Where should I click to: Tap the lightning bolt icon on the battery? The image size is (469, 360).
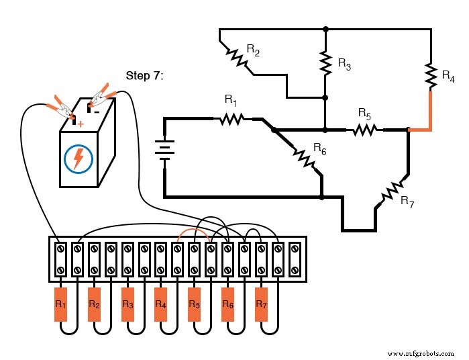pyautogui.click(x=79, y=159)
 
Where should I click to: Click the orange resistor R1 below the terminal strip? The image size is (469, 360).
pyautogui.click(x=60, y=304)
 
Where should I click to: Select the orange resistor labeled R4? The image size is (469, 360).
pyautogui.click(x=160, y=304)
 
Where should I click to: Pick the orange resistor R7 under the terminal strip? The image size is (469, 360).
pyautogui.click(x=261, y=304)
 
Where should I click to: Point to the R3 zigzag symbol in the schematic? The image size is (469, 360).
pyautogui.click(x=325, y=64)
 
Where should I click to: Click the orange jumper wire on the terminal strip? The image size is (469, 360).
pyautogui.click(x=194, y=235)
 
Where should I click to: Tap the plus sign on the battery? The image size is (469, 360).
pyautogui.click(x=81, y=124)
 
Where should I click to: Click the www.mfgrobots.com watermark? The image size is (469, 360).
pyautogui.click(x=420, y=352)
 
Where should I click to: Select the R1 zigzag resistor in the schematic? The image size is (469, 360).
pyautogui.click(x=231, y=119)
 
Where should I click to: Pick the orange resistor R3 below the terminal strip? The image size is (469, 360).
pyautogui.click(x=127, y=304)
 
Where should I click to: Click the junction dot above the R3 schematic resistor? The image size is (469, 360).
pyautogui.click(x=325, y=30)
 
